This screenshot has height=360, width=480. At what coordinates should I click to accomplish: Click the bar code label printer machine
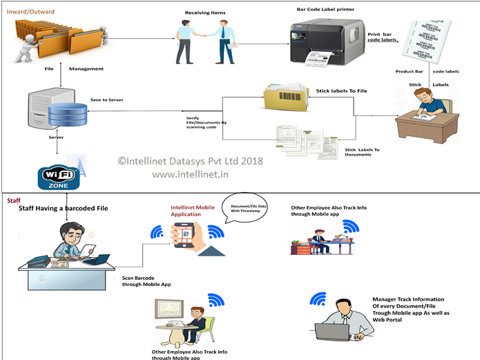click(x=325, y=42)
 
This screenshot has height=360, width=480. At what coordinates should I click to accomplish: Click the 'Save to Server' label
click(x=106, y=100)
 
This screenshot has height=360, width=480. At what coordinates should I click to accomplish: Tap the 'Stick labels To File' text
click(x=342, y=91)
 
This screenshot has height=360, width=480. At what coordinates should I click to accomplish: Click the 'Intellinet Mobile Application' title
click(x=193, y=211)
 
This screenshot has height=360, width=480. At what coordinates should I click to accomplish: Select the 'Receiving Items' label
click(x=204, y=13)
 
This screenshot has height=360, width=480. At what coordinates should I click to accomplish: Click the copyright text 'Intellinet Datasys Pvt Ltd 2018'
click(x=190, y=160)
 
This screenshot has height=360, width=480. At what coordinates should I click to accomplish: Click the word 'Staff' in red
click(x=14, y=200)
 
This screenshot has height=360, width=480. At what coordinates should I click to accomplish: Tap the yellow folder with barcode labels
click(x=285, y=98)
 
